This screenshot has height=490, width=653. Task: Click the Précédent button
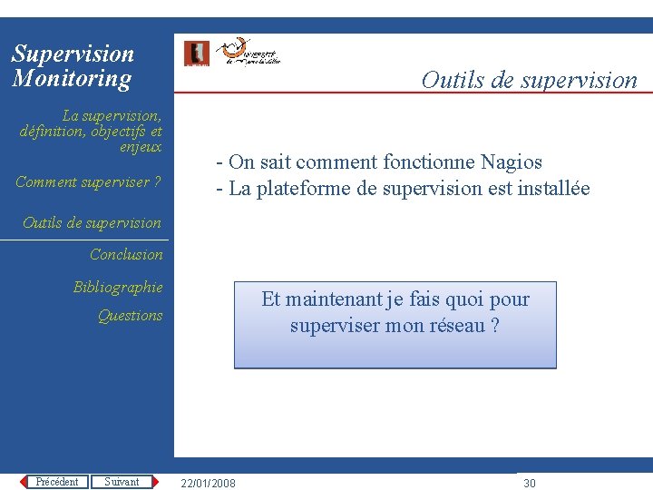(x=56, y=482)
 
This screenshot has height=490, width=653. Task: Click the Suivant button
(x=122, y=482)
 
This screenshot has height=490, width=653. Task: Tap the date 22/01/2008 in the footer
(x=208, y=483)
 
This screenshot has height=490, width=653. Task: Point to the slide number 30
(x=530, y=483)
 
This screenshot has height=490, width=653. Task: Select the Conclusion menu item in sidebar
(x=126, y=255)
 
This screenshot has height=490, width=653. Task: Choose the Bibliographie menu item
(x=118, y=288)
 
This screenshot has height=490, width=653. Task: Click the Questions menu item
(x=130, y=316)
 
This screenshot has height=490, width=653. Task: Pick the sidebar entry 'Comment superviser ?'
(x=88, y=182)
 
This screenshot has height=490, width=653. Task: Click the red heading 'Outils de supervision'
(x=529, y=80)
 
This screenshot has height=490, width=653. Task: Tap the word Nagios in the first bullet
(x=511, y=162)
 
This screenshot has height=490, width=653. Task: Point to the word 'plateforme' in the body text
(x=298, y=189)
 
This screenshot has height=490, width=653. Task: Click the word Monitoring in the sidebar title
(x=72, y=79)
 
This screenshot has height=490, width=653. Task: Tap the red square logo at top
(x=197, y=54)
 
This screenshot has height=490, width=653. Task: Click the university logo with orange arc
(x=249, y=53)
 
